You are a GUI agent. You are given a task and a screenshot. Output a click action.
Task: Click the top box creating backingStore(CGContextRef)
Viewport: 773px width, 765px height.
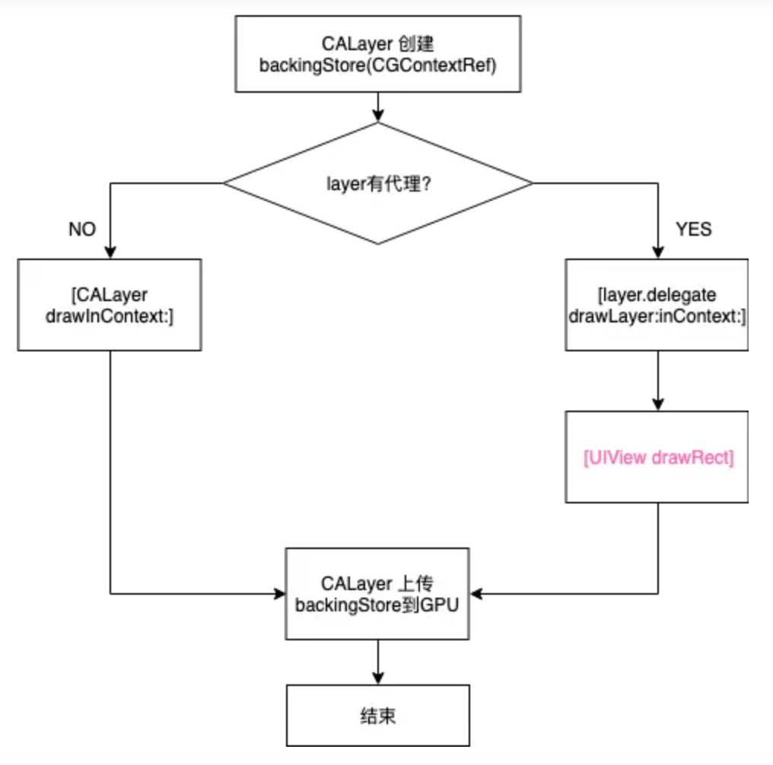[377, 55]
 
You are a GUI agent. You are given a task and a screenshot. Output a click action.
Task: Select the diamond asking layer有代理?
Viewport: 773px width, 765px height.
[377, 183]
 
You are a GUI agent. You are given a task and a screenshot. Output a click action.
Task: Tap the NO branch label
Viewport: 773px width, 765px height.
[82, 230]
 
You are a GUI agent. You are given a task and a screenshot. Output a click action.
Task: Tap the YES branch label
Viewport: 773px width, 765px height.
[693, 230]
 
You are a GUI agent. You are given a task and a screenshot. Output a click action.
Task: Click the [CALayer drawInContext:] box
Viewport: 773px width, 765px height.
[109, 304]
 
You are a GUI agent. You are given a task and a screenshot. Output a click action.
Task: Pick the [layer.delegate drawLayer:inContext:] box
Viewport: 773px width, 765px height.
[657, 304]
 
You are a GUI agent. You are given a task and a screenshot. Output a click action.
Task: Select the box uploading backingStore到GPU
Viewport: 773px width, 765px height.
[377, 593]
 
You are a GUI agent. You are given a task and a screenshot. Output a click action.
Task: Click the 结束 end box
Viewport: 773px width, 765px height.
[377, 716]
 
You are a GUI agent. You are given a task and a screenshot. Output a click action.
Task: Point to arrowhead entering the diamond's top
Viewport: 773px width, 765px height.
[377, 116]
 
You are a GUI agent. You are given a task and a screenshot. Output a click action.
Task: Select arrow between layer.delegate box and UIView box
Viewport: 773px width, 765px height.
[657, 380]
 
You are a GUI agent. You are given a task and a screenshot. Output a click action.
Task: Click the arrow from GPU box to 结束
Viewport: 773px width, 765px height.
[377, 662]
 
